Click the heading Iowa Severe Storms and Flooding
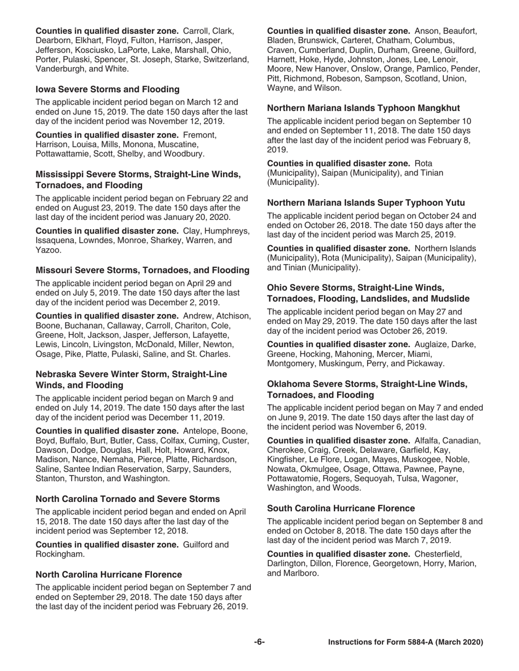pos(107,89)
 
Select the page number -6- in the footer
pos(259,642)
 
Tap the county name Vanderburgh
pos(59,69)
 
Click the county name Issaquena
pos(57,241)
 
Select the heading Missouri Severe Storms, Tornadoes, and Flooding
pos(143,270)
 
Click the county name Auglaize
pos(433,344)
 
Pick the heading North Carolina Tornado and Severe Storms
pos(128,499)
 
